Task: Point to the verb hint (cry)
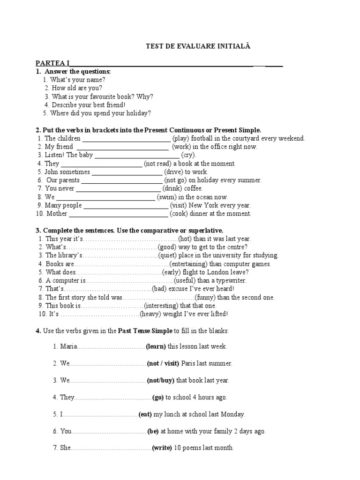click(x=189, y=155)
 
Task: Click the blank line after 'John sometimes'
click(x=124, y=172)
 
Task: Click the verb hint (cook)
click(x=179, y=214)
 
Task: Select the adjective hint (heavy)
click(x=150, y=314)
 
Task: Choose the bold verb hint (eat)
click(x=145, y=414)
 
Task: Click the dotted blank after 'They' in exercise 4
click(x=112, y=397)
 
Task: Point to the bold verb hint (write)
click(x=162, y=448)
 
